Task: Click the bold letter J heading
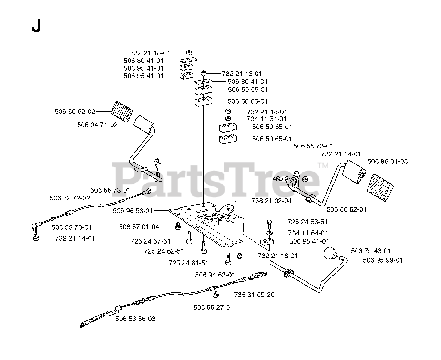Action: (36, 26)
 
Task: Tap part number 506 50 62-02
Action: (75, 112)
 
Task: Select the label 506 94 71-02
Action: (98, 125)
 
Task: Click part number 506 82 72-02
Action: (70, 198)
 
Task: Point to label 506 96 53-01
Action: (132, 210)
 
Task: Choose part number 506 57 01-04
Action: (139, 227)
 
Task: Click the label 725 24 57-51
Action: (150, 241)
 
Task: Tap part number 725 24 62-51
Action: (164, 251)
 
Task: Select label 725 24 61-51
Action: (188, 263)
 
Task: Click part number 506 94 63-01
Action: (215, 275)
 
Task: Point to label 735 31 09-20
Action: (254, 295)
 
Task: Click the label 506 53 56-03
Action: (135, 319)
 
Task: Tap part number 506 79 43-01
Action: (371, 251)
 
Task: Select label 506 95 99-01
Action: (382, 260)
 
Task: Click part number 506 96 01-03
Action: (388, 161)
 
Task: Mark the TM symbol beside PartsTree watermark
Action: (323, 166)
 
